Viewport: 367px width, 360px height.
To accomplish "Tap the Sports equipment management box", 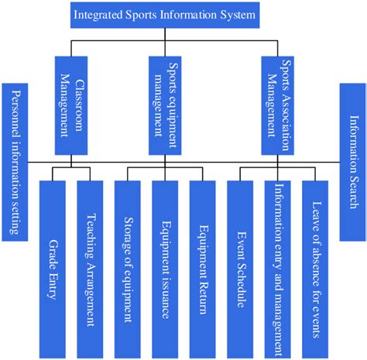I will pos(166,104).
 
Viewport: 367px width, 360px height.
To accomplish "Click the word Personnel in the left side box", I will pos(15,116).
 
